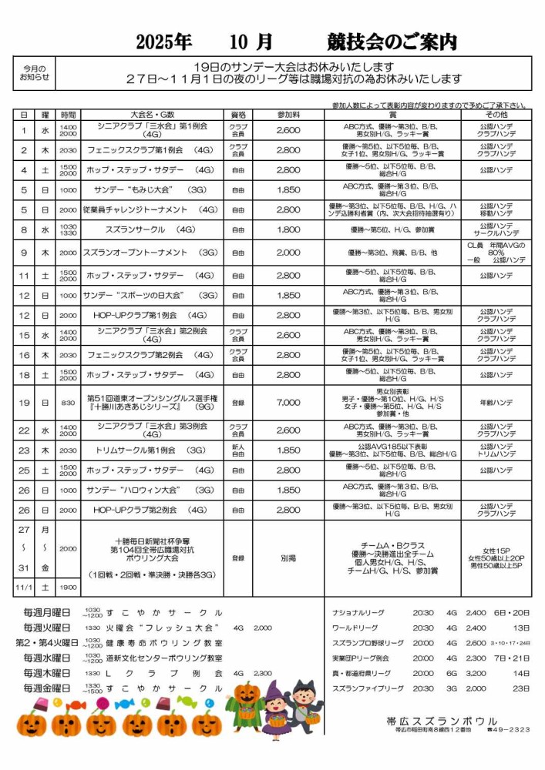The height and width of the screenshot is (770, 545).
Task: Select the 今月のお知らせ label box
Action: [x=34, y=72]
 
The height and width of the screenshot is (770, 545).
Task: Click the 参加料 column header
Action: [x=288, y=114]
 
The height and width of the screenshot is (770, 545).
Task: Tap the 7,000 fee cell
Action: [x=288, y=403]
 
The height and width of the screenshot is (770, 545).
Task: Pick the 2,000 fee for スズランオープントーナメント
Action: [x=288, y=253]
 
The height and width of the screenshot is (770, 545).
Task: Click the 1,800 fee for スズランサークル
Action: [x=288, y=229]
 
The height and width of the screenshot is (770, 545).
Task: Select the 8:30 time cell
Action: [x=68, y=403]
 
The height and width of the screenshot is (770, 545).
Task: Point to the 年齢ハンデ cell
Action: [x=496, y=403]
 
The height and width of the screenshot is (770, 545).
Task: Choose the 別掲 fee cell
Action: [x=288, y=558]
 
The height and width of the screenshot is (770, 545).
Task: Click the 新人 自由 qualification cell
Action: [x=238, y=450]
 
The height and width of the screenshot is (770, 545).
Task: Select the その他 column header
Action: [x=496, y=114]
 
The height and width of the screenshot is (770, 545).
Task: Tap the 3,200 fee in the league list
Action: [x=476, y=674]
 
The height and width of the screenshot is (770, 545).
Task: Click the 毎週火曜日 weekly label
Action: [x=47, y=628]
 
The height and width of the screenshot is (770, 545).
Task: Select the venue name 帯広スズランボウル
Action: [x=442, y=721]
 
